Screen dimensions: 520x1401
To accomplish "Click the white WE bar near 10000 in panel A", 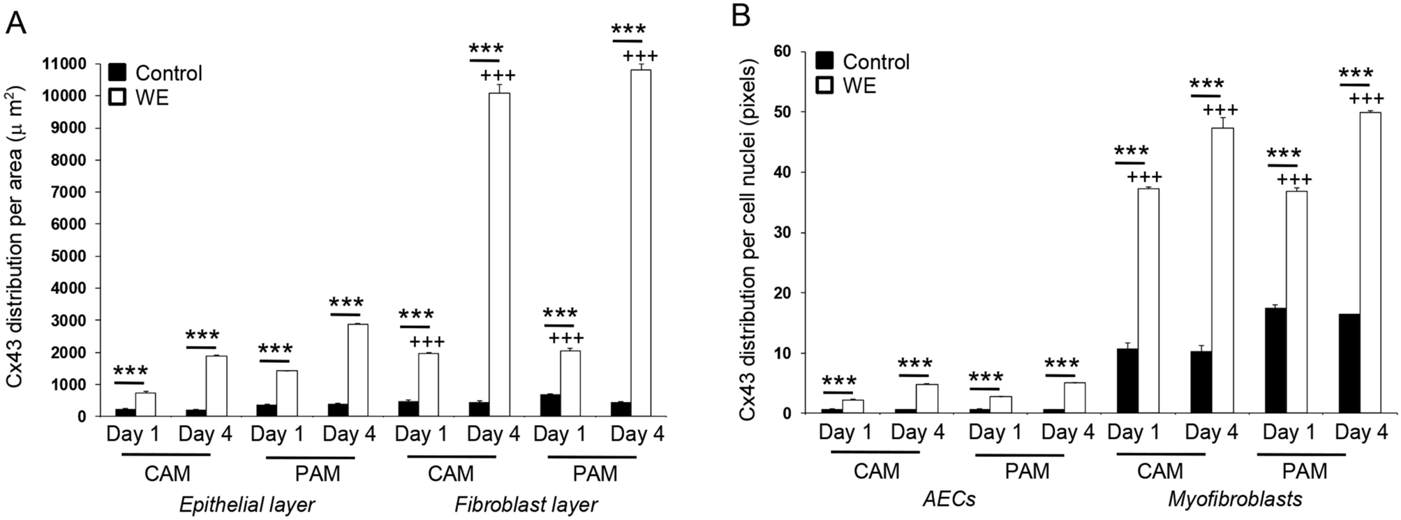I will pos(498,254).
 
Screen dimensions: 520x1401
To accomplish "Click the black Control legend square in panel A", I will pos(117,73).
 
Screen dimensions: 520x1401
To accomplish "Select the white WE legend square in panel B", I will pos(826,85).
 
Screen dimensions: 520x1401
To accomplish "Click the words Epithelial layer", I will pos(247,505).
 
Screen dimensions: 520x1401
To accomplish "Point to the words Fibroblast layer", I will pos(526,505).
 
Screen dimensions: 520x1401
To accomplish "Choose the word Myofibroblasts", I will pos(1235,499).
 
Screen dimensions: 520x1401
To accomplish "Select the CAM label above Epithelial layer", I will pos(167,474).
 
